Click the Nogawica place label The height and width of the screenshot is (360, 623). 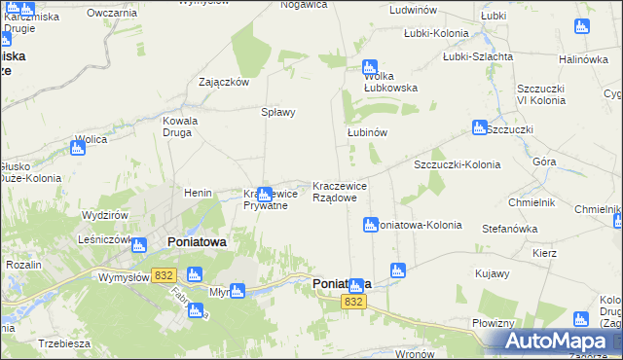pyautogui.click(x=301, y=5)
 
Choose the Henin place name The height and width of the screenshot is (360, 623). pyautogui.click(x=198, y=193)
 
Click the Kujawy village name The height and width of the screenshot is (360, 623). pyautogui.click(x=493, y=273)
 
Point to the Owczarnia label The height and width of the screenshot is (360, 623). pyautogui.click(x=111, y=13)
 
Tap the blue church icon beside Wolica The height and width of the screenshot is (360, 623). pyautogui.click(x=78, y=149)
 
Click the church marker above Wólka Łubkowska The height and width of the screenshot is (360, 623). pyautogui.click(x=369, y=68)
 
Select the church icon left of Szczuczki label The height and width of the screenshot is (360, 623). pyautogui.click(x=479, y=126)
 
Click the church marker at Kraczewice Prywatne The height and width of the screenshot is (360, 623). pyautogui.click(x=264, y=194)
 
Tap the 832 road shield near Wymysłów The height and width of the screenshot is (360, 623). pyautogui.click(x=163, y=276)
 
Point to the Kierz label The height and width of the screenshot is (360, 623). pyautogui.click(x=544, y=253)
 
